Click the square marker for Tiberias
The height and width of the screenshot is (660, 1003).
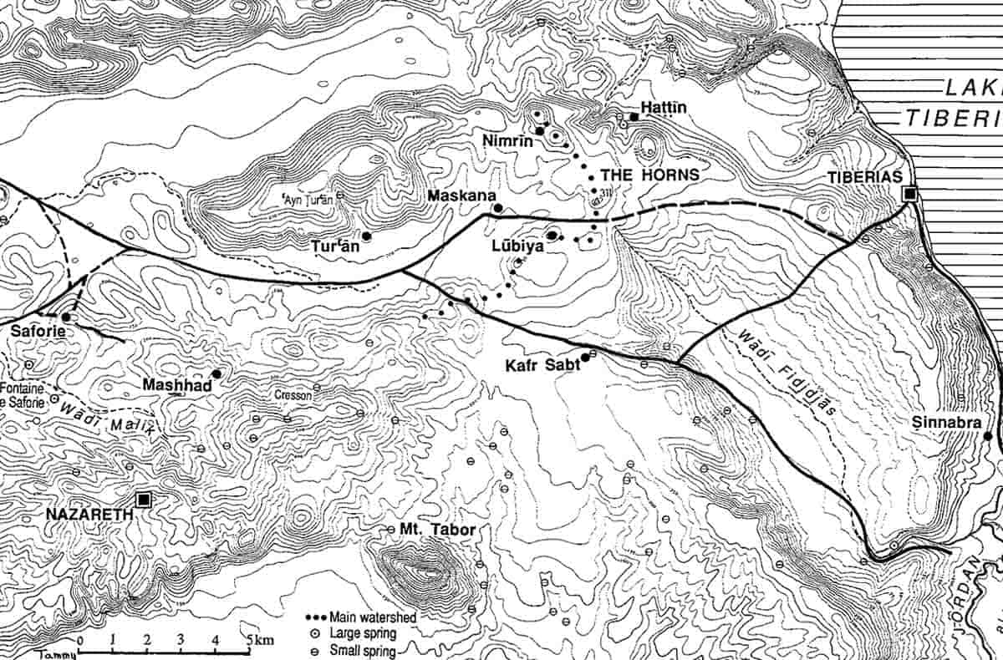coord(910,194)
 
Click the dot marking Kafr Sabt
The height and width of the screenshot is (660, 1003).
coord(585,358)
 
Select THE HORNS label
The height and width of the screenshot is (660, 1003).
coord(650,175)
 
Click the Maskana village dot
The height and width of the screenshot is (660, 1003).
coord(497,208)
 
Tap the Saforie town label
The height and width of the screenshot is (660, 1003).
coord(38,332)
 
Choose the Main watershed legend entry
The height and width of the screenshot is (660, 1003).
coord(373,617)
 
